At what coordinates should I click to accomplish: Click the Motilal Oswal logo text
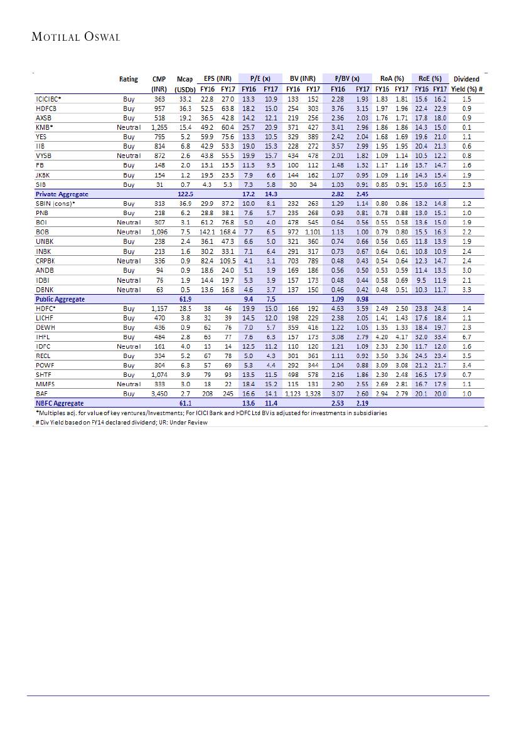click(75, 36)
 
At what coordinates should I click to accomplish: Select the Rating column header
click(129, 80)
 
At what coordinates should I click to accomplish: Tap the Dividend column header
click(466, 80)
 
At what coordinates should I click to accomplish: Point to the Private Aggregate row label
click(62, 194)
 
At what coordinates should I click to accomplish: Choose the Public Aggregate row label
click(60, 299)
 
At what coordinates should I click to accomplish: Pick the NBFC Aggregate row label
click(60, 403)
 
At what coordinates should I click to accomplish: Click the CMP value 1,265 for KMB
click(159, 127)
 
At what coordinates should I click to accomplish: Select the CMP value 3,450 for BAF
click(159, 394)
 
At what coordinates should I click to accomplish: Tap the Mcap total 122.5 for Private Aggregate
click(185, 194)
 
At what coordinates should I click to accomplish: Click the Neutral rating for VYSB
click(129, 156)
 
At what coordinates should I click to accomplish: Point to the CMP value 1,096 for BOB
click(159, 232)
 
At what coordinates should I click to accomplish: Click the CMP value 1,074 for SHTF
click(159, 375)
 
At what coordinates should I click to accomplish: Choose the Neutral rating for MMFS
click(129, 384)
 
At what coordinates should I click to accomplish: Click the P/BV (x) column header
click(346, 80)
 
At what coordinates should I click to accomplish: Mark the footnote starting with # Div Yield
click(121, 422)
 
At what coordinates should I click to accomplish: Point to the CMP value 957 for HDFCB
click(159, 108)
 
